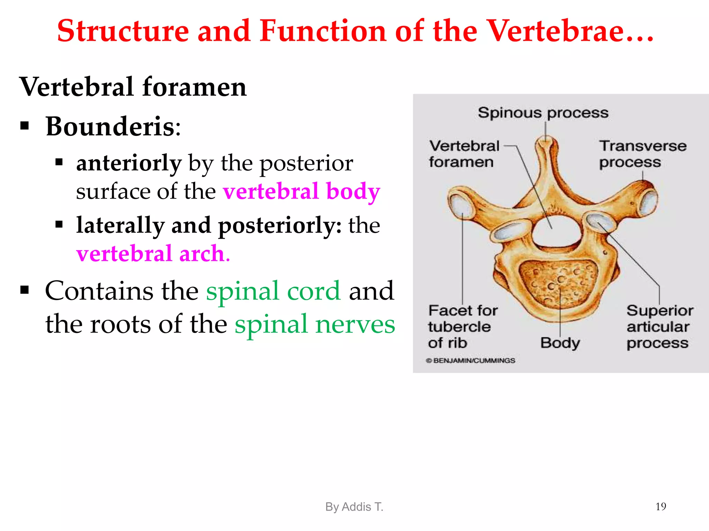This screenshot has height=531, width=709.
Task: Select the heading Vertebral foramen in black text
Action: point(133,87)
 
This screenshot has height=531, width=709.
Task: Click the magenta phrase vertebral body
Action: point(301,191)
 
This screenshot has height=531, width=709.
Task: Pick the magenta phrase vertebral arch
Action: point(153,253)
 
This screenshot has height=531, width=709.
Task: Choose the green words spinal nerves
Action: point(315,324)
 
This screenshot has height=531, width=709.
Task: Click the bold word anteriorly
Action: point(129,163)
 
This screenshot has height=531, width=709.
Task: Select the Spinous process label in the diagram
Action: point(543,113)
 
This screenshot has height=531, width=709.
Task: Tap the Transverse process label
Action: point(643,154)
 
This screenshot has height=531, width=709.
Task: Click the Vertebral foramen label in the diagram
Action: point(464,154)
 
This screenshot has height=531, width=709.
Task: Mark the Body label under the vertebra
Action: point(560,343)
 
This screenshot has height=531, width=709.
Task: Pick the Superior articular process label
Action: point(659,327)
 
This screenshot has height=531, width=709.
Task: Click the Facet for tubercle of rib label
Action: point(462,327)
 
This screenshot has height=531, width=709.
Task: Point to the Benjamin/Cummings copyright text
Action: point(471,361)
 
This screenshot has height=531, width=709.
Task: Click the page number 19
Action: point(661,506)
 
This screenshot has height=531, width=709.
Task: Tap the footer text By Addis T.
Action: point(354,507)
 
